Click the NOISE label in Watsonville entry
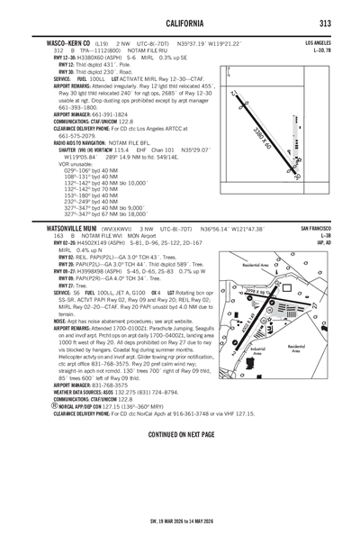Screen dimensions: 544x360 [35, 320]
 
